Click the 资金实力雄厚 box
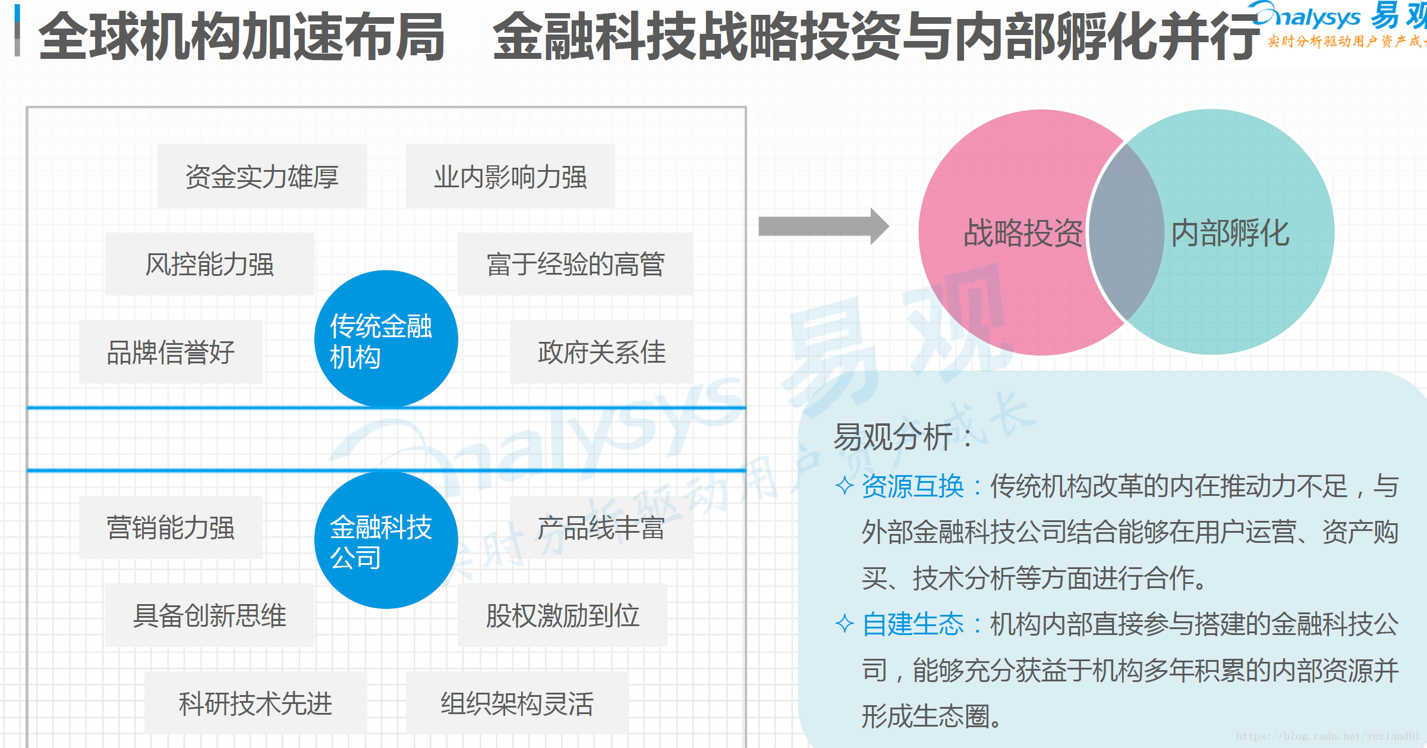point(262,177)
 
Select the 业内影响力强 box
point(510,177)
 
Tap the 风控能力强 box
point(209,264)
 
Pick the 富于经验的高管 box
point(575,264)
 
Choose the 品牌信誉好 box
point(171,352)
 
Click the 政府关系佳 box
point(601,352)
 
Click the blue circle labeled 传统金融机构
point(386,339)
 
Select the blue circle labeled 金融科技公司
point(386,540)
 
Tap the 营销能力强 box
point(171,527)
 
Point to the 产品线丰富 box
point(601,527)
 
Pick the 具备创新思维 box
point(209,615)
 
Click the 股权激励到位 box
point(562,615)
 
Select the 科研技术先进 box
point(256,703)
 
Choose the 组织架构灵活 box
point(516,703)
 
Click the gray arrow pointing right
point(823,226)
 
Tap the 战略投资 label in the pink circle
point(1022,232)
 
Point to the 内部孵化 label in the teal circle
point(1230,232)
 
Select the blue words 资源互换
point(912,486)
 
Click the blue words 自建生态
point(912,624)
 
